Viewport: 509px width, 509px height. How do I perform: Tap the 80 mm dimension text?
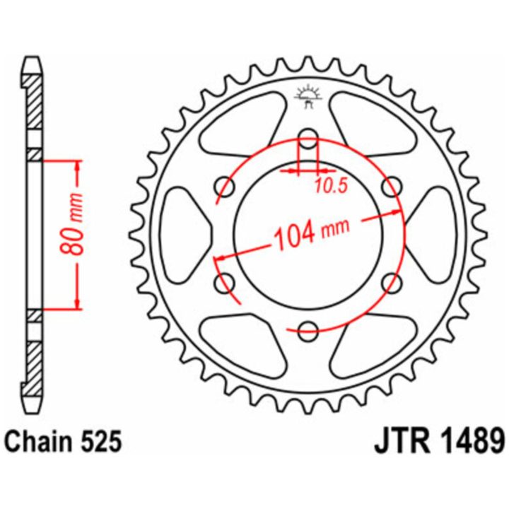[72, 224]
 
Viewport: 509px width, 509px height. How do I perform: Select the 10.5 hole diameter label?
[331, 186]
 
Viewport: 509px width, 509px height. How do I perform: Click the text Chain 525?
[64, 441]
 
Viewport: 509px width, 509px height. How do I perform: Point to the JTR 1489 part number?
[440, 441]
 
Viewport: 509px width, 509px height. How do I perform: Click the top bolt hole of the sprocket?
[308, 137]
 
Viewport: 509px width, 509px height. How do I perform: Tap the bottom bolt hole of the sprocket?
[308, 332]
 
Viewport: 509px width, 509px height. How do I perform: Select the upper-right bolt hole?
[392, 187]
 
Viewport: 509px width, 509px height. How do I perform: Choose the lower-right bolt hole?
[392, 283]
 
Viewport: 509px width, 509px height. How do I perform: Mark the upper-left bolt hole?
[224, 187]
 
